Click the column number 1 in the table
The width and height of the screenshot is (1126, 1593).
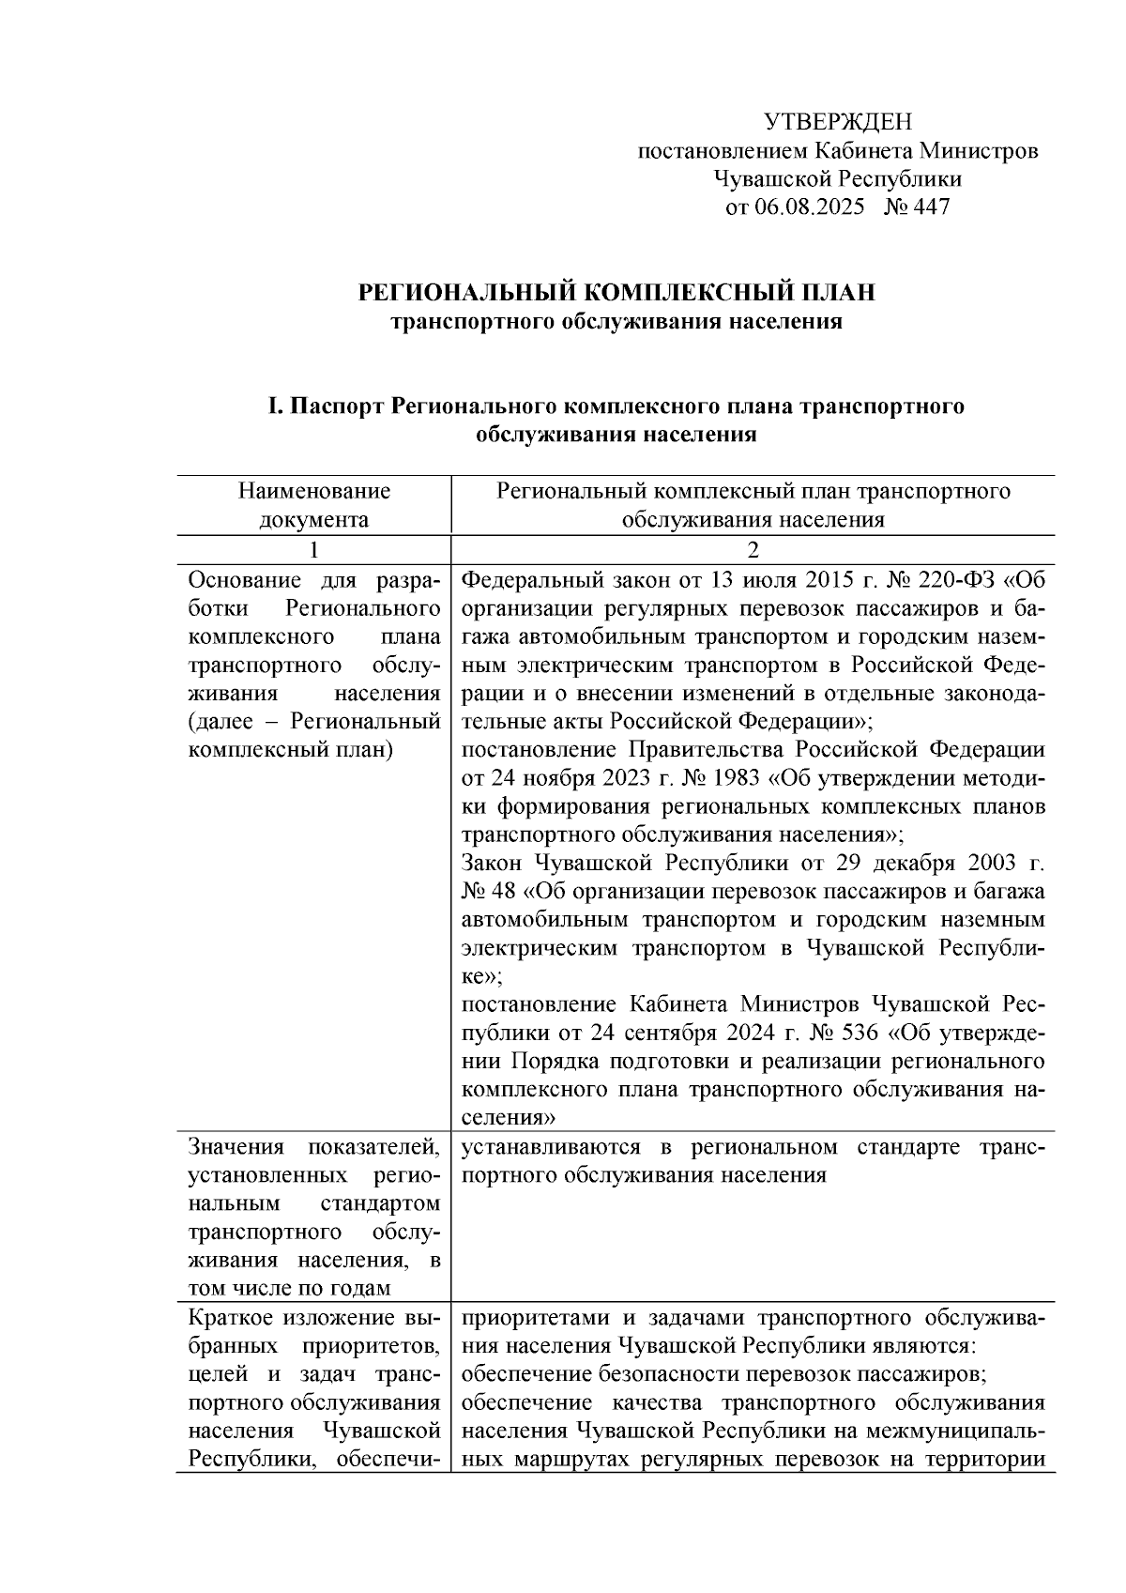[313, 550]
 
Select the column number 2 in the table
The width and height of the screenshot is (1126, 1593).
[753, 550]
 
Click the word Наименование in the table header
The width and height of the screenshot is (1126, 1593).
[313, 491]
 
